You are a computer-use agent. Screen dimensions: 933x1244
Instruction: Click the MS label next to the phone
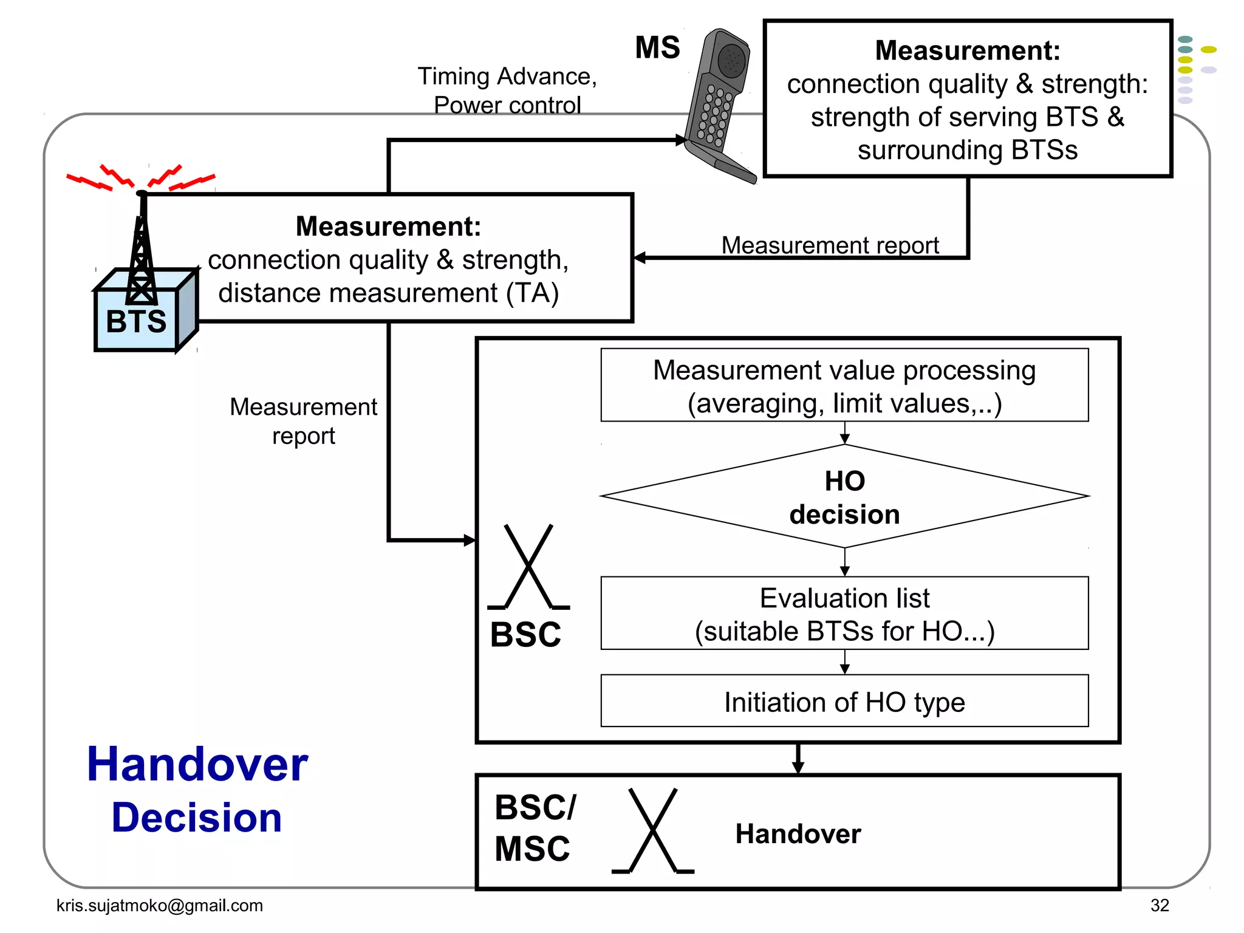pyautogui.click(x=657, y=47)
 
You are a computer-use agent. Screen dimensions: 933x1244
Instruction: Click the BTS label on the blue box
pyautogui.click(x=136, y=321)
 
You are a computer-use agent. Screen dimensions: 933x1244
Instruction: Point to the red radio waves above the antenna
pyautogui.click(x=140, y=178)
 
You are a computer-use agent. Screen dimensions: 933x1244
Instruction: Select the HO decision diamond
pyautogui.click(x=844, y=497)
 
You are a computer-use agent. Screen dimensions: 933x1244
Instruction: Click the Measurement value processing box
pyautogui.click(x=844, y=386)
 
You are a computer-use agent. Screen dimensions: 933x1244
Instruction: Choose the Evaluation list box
pyautogui.click(x=844, y=613)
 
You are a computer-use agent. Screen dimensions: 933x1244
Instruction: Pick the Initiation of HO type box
pyautogui.click(x=844, y=702)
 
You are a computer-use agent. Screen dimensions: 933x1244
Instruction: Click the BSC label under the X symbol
pyautogui.click(x=525, y=635)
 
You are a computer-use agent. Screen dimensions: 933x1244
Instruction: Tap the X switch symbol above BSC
pyautogui.click(x=529, y=567)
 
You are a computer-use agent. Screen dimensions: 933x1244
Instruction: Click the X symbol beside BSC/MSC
pyautogui.click(x=653, y=830)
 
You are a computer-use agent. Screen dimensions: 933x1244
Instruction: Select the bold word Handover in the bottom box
pyautogui.click(x=798, y=834)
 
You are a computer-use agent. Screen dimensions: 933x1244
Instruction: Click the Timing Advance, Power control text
pyautogui.click(x=507, y=91)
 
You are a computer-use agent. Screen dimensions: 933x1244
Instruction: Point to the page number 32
pyautogui.click(x=1159, y=905)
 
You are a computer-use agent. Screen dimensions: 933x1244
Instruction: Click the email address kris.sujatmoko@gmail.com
pyautogui.click(x=160, y=905)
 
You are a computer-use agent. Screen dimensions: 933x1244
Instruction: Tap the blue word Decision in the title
pyautogui.click(x=197, y=818)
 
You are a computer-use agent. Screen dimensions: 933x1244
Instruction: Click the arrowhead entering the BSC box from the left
pyautogui.click(x=469, y=540)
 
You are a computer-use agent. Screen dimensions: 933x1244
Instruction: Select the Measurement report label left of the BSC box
pyautogui.click(x=303, y=421)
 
